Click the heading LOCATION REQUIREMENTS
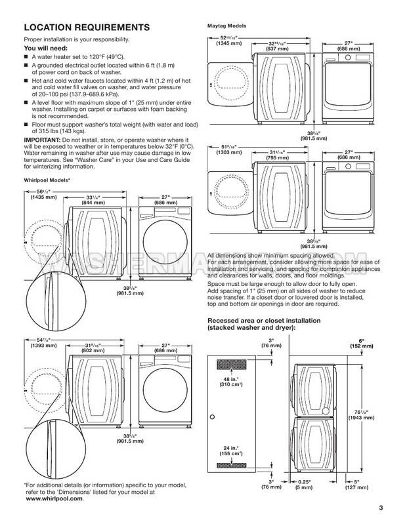tap(87, 28)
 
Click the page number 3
tap(381, 508)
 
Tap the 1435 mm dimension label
tap(44, 197)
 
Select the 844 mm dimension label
tap(93, 202)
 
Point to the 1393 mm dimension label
tap(44, 345)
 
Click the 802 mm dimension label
tap(93, 350)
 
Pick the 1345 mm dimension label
tap(228, 43)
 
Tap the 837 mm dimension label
tap(278, 49)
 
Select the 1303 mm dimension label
tap(228, 152)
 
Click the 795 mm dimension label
tap(278, 157)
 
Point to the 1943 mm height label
tap(361, 418)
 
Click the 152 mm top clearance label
tap(362, 346)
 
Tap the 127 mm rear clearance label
tap(356, 487)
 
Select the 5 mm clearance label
tap(304, 487)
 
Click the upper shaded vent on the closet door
tap(232, 364)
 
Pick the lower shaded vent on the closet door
tap(232, 465)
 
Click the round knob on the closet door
tap(212, 417)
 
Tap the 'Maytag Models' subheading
tap(226, 26)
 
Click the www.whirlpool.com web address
tap(54, 498)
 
